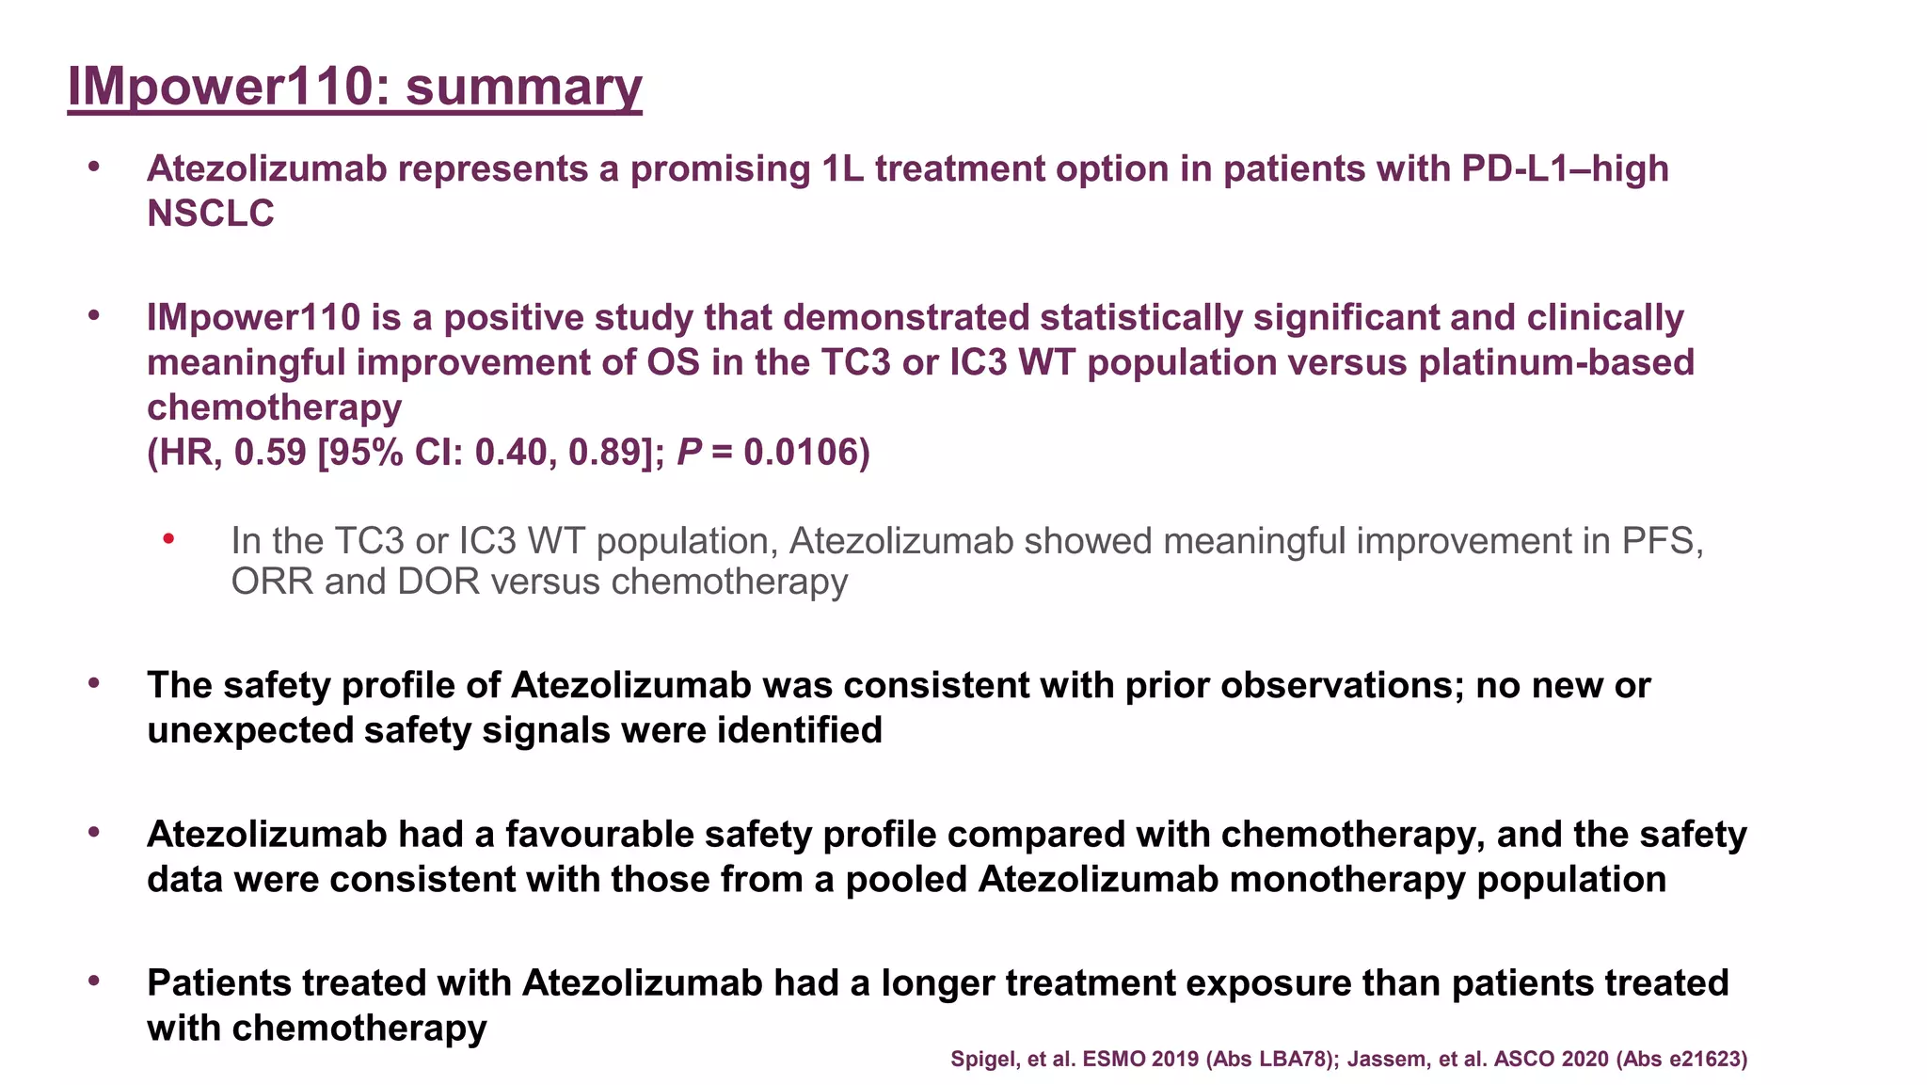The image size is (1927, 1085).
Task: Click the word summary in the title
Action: (x=523, y=87)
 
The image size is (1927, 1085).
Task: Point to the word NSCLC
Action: (x=211, y=214)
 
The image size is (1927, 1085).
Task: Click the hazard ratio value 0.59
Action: (x=270, y=453)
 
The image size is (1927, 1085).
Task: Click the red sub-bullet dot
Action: (x=168, y=539)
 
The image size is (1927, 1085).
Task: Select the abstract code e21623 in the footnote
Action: (x=1703, y=1059)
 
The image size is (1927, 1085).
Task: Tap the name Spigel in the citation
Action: (x=980, y=1059)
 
